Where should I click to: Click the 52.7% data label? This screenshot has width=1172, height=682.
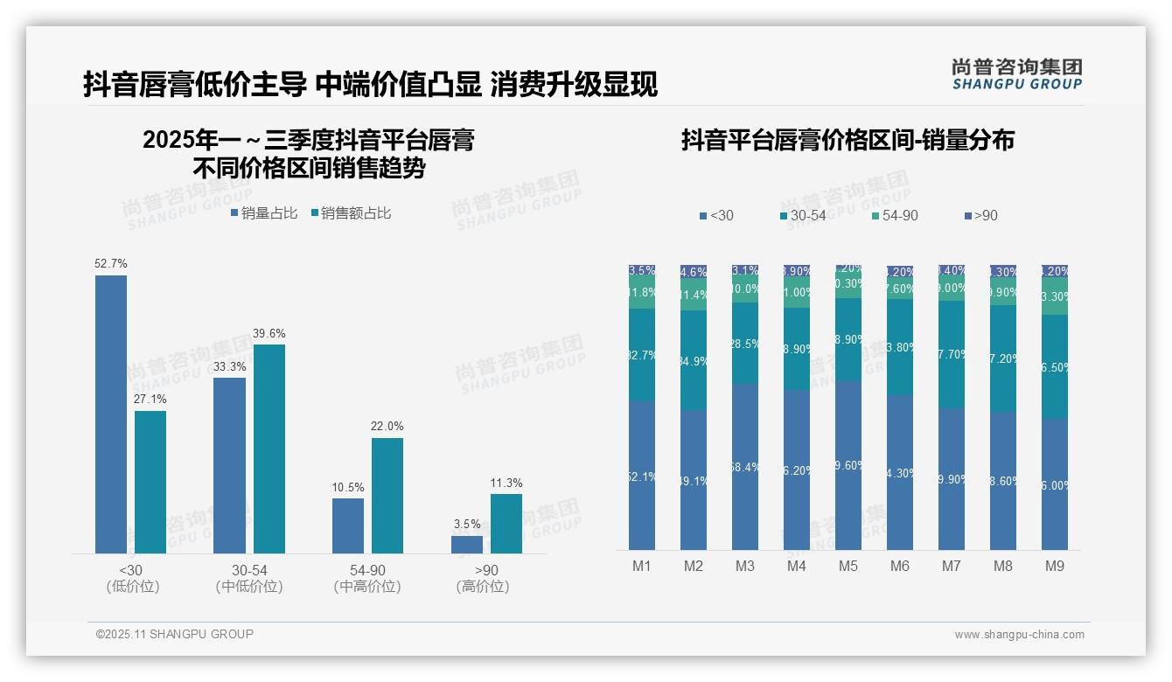click(x=111, y=263)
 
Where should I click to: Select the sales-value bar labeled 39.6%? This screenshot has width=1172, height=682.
click(x=269, y=449)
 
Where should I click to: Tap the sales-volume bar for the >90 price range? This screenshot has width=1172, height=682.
click(x=467, y=544)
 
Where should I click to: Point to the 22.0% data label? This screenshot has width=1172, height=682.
click(x=387, y=426)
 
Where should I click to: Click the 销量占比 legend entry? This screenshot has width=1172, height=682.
click(x=264, y=212)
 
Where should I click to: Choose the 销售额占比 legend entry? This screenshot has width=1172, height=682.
click(x=351, y=212)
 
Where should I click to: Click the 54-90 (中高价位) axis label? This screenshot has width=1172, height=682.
click(x=367, y=579)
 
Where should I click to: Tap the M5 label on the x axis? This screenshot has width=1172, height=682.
click(x=848, y=566)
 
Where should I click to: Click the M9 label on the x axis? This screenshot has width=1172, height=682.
click(x=1055, y=566)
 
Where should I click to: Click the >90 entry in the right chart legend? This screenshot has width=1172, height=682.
click(x=980, y=215)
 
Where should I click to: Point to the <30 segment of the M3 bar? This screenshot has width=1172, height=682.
click(x=744, y=467)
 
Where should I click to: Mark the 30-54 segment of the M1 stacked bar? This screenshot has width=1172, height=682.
click(x=641, y=354)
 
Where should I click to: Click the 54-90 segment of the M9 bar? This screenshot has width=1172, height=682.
click(x=1055, y=296)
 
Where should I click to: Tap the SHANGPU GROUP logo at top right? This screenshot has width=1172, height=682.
click(x=1016, y=73)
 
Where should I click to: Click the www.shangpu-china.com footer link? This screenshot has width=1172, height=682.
click(x=1019, y=635)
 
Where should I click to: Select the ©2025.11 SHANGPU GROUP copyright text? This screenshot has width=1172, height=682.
click(x=175, y=634)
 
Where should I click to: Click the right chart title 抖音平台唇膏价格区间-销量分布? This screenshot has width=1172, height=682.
click(x=848, y=141)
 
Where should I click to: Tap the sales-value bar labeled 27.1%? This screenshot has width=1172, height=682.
click(x=150, y=482)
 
